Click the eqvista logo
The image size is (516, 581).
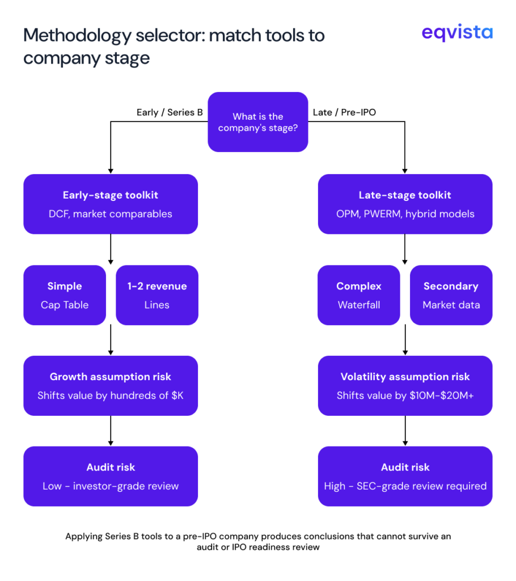[x=457, y=33]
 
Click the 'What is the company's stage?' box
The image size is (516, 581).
[x=258, y=122]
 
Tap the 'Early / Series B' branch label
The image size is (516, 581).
[x=170, y=112]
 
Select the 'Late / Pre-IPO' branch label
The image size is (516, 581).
[x=344, y=112]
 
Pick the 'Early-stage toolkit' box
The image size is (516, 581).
[x=111, y=204]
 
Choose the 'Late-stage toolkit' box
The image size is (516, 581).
[x=405, y=204]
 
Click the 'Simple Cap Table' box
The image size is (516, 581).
[x=65, y=295]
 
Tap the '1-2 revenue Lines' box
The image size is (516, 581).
[x=157, y=295]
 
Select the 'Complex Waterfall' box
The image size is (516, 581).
[x=359, y=295]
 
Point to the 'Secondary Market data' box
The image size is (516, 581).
[x=451, y=295]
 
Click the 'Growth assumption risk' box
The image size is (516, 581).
[x=111, y=386]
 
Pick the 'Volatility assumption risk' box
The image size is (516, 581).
[x=405, y=386]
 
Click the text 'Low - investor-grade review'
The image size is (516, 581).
[x=111, y=486]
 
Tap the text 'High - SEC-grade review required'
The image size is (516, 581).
[x=405, y=486]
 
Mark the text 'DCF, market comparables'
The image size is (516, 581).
[x=111, y=214]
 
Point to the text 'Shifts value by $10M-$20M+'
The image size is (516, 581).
[x=405, y=395]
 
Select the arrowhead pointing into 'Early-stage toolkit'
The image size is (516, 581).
[x=111, y=170]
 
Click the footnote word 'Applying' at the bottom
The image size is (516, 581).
[x=84, y=536]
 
